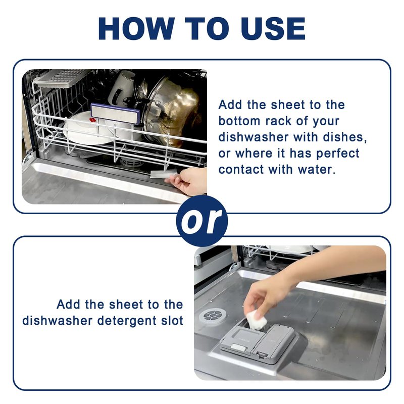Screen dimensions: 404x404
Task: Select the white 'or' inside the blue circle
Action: [201, 221]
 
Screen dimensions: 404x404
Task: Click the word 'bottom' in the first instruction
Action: [239, 121]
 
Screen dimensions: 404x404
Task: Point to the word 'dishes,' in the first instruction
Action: [345, 137]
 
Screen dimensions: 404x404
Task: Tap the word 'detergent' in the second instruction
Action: [127, 321]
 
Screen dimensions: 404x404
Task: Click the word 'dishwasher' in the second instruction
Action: [57, 321]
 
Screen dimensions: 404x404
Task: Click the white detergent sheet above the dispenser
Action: [256, 320]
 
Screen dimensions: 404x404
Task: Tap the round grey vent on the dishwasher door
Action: [213, 315]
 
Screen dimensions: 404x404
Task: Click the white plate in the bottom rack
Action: [84, 128]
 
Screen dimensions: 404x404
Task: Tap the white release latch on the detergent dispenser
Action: [238, 347]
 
